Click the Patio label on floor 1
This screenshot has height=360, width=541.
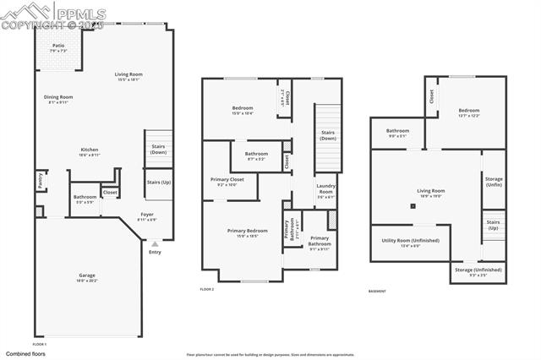click(58, 46)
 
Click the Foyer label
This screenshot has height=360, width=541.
click(147, 215)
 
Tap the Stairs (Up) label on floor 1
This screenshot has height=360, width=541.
click(159, 183)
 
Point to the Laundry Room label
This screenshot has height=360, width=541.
click(325, 192)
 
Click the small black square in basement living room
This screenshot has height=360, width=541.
click(413, 205)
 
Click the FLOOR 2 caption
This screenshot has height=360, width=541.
click(207, 289)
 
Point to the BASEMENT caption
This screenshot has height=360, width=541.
click(378, 292)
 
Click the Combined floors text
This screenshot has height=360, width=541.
click(25, 353)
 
